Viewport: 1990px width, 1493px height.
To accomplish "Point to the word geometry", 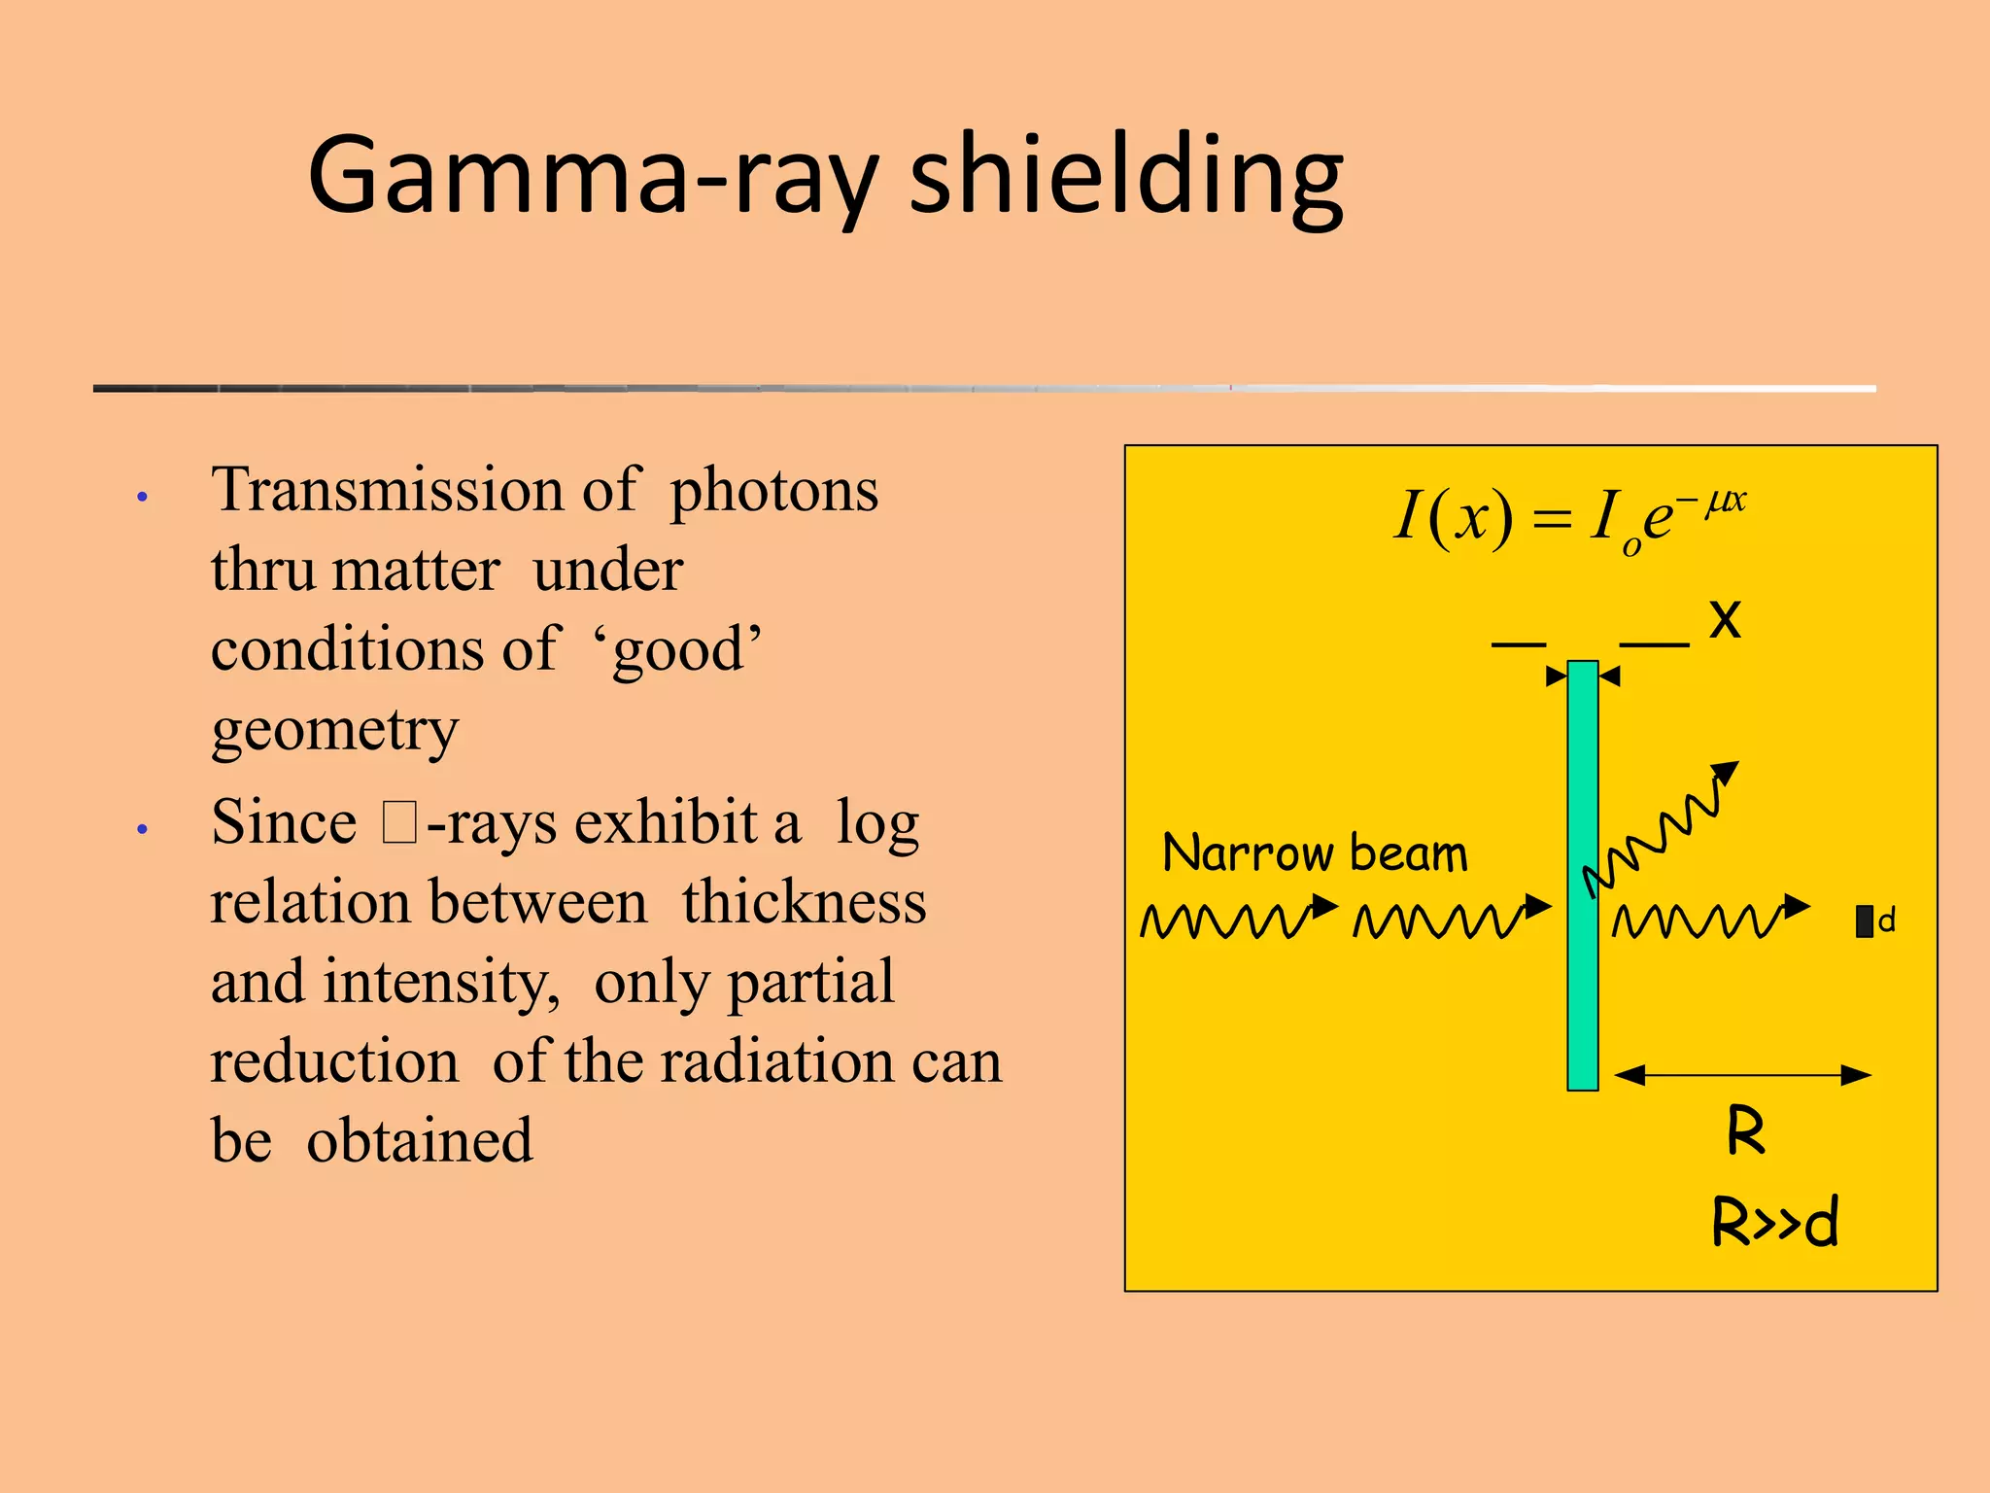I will pos(334,731).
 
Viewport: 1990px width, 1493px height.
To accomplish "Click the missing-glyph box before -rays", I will pos(398,822).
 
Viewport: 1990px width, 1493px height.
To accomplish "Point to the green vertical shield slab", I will pos(1582,875).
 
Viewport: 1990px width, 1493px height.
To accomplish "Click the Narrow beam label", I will pos(1315,853).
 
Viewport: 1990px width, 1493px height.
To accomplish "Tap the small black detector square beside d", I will pos(1864,921).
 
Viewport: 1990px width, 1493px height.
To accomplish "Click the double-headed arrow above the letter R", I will pos(1742,1075).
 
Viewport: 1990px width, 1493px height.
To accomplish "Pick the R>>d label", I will pos(1774,1222).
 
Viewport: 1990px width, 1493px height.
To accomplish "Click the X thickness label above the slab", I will pos(1725,618).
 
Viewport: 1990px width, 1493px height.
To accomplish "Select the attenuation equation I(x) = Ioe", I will pos(1568,517).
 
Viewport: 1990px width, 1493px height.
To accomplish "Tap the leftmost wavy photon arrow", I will pos(1238,919).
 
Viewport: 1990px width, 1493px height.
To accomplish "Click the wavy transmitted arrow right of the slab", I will pos(1710,919).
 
